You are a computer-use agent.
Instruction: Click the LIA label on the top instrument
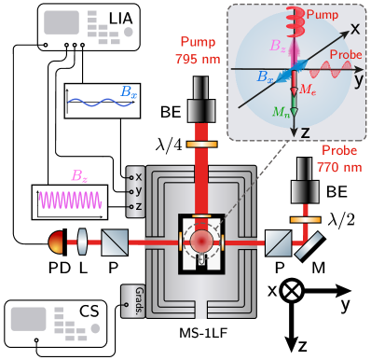[x=120, y=18]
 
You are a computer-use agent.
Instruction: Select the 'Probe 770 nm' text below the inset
[x=340, y=159]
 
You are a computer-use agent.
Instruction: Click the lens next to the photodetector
[x=81, y=244]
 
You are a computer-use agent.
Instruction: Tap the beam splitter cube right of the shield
[x=277, y=244]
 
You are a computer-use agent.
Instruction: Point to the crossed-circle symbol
[x=292, y=290]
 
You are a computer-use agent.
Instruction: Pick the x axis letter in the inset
[x=355, y=29]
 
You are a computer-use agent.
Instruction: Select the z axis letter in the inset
[x=304, y=133]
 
